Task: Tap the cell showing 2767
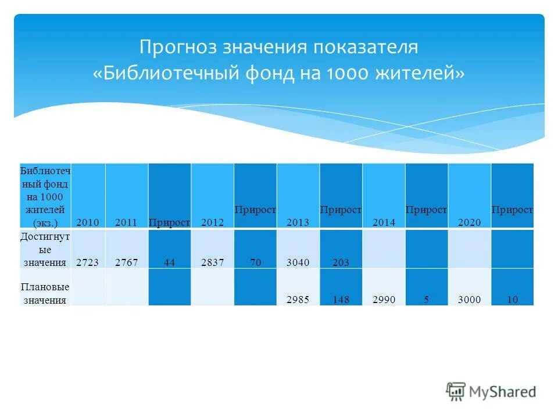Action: tap(126, 262)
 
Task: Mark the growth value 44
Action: tap(169, 262)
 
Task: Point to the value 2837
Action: tap(212, 262)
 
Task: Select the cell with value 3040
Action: tap(298, 262)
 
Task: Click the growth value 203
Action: tap(341, 262)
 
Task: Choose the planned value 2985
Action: tap(298, 300)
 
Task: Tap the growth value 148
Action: tap(341, 300)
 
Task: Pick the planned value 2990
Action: tap(384, 300)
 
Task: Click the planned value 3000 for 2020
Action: tap(469, 300)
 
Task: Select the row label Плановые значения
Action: tap(45, 294)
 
